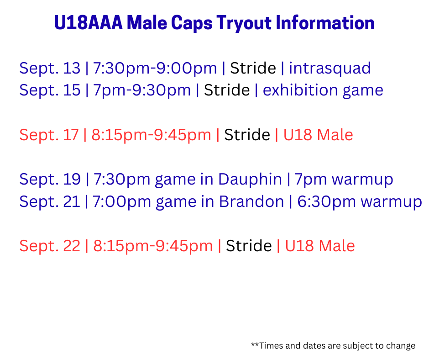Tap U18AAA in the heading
pyautogui.click(x=89, y=22)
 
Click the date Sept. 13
pyautogui.click(x=50, y=68)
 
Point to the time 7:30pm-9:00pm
pyautogui.click(x=155, y=69)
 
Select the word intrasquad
pyautogui.click(x=330, y=69)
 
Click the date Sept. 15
pyautogui.click(x=50, y=90)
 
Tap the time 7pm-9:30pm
pyautogui.click(x=142, y=90)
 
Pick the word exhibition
pyautogui.click(x=300, y=90)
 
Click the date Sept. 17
pyautogui.click(x=49, y=135)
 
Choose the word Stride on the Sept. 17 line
pyautogui.click(x=247, y=135)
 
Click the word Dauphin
pyautogui.click(x=250, y=180)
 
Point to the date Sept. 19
pyautogui.click(x=50, y=179)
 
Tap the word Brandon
pyautogui.click(x=251, y=201)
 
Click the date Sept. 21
pyautogui.click(x=50, y=201)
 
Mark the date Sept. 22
pyautogui.click(x=50, y=246)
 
